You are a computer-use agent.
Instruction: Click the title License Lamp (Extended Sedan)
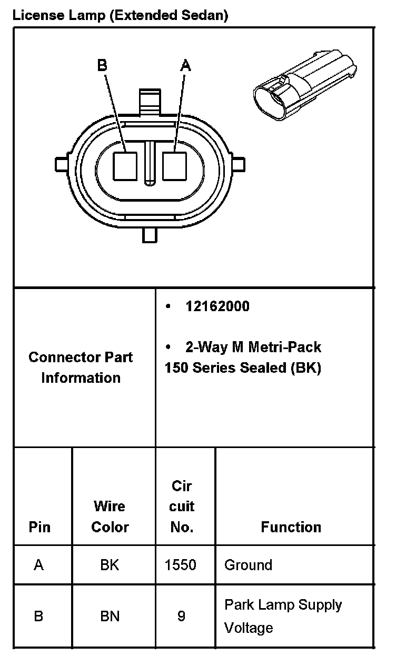click(120, 15)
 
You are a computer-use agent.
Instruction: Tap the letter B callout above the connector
click(102, 65)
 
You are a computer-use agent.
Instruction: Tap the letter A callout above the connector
click(185, 65)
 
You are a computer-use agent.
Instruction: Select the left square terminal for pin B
click(126, 166)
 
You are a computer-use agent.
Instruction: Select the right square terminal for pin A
click(174, 166)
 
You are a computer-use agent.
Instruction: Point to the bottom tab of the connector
click(150, 235)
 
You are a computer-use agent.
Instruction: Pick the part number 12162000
click(217, 306)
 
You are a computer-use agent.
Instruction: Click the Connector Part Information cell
click(81, 367)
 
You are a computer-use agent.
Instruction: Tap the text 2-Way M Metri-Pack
click(253, 347)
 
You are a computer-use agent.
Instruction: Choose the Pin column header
click(39, 527)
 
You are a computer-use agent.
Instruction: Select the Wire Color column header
click(110, 516)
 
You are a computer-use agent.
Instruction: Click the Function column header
click(291, 527)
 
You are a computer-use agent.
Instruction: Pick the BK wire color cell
click(110, 565)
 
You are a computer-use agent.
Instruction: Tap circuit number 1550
click(181, 565)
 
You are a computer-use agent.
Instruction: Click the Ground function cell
click(248, 565)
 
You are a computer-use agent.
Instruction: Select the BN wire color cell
click(110, 615)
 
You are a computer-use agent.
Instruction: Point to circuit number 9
click(181, 615)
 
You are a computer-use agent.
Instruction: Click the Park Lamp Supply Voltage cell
click(283, 616)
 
